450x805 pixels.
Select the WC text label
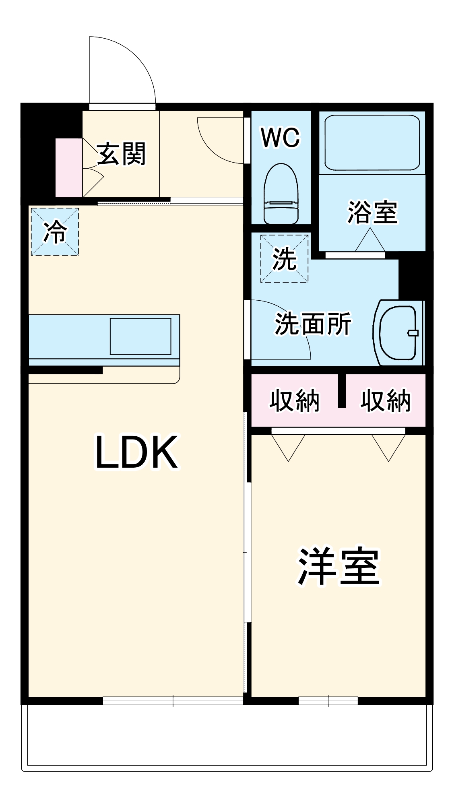click(281, 138)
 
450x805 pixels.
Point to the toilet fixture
click(281, 193)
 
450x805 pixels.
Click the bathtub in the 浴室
click(372, 142)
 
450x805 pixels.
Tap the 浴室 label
click(372, 212)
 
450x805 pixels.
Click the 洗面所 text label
click(313, 324)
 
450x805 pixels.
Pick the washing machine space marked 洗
click(284, 259)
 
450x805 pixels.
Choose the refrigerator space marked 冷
click(55, 232)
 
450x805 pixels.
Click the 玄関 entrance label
click(121, 154)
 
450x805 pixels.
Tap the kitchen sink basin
click(140, 336)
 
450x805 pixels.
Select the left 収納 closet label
click(295, 400)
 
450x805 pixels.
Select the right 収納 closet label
click(386, 400)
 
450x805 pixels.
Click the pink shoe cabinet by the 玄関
click(68, 167)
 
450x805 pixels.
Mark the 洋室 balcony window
click(328, 701)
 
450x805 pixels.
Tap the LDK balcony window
click(173, 701)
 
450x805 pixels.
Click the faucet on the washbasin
click(413, 332)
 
